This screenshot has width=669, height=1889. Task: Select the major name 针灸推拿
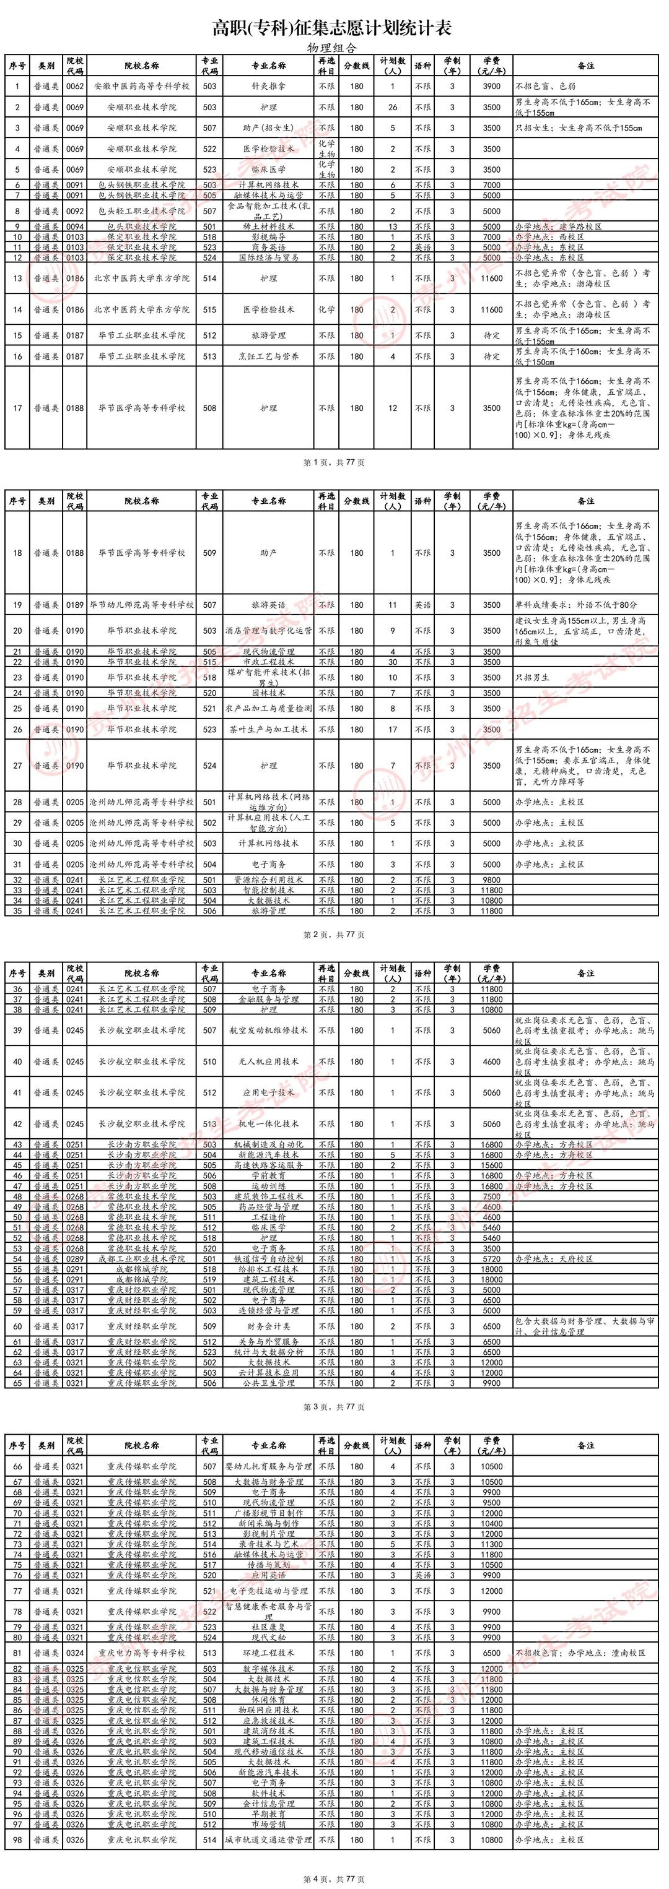(x=268, y=87)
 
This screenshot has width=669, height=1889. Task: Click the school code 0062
(x=75, y=87)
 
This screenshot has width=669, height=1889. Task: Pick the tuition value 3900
(x=491, y=87)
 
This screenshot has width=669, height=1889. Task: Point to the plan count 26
(x=393, y=107)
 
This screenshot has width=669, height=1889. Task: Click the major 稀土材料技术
(x=268, y=227)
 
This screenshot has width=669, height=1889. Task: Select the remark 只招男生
(x=533, y=678)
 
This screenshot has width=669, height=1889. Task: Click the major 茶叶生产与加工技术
(x=268, y=730)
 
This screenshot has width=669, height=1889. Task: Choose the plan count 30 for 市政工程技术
(x=393, y=662)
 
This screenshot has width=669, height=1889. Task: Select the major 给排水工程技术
(x=268, y=1269)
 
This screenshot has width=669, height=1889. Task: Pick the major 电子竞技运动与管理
(x=268, y=1591)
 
